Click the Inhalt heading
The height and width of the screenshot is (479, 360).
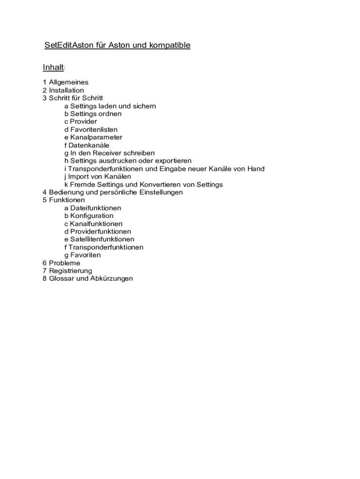[53, 67]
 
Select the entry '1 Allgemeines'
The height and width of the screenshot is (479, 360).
[65, 82]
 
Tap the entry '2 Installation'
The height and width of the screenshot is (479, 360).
[63, 90]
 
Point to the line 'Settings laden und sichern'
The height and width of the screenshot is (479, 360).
[110, 106]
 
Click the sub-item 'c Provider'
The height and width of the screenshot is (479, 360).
[81, 122]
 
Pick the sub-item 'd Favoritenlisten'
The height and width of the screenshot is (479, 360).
[91, 130]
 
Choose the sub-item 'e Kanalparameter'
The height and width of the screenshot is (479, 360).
[94, 138]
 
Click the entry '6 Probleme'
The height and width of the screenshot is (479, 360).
[61, 263]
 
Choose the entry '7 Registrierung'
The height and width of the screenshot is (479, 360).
[67, 271]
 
